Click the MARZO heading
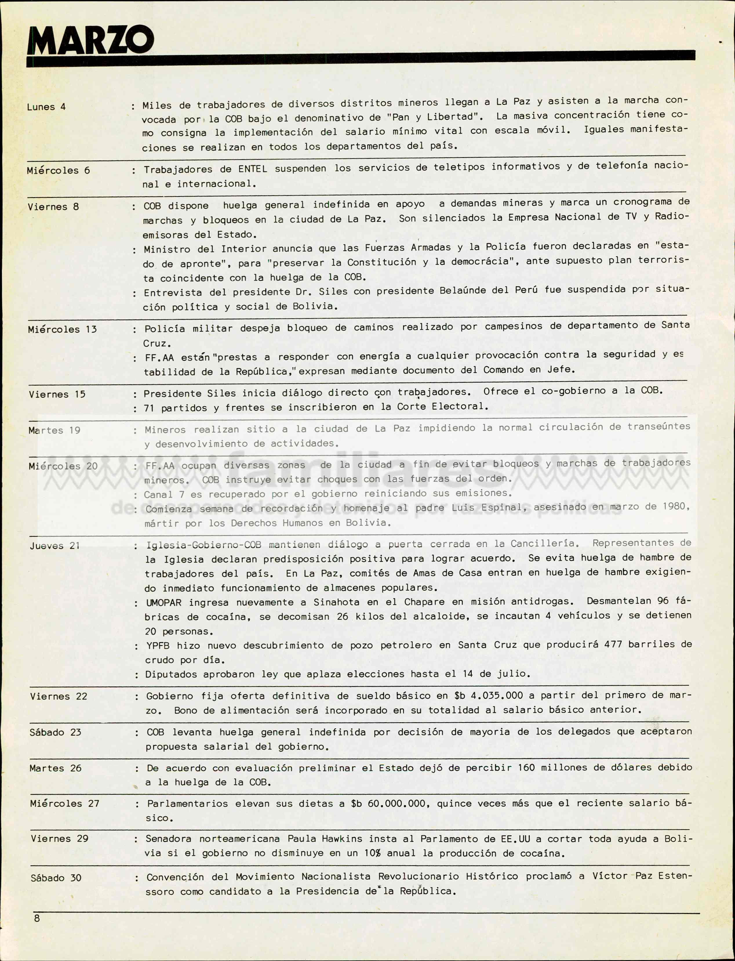[90, 40]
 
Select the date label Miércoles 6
[58, 170]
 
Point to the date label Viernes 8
[53, 207]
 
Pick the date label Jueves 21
[55, 546]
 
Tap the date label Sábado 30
[56, 878]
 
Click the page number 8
[37, 918]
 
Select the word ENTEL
[252, 169]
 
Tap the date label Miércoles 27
[64, 804]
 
